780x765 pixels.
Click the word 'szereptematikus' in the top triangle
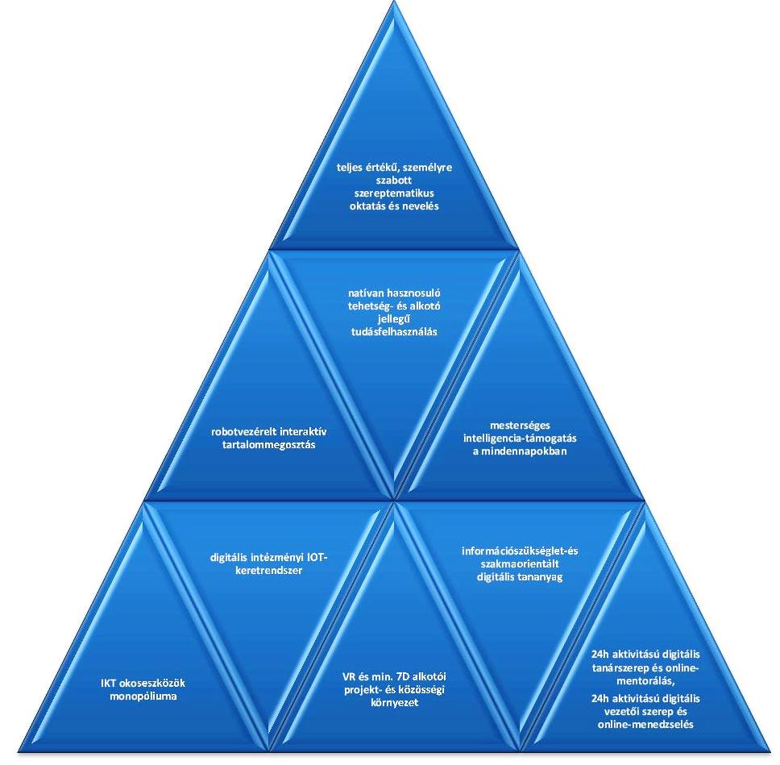(x=389, y=194)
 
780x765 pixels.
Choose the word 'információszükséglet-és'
(x=520, y=551)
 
